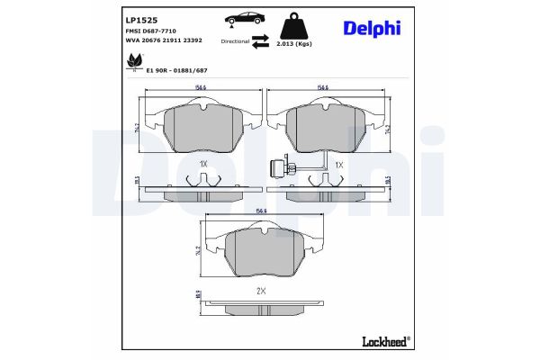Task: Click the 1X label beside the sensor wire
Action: (x=339, y=165)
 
